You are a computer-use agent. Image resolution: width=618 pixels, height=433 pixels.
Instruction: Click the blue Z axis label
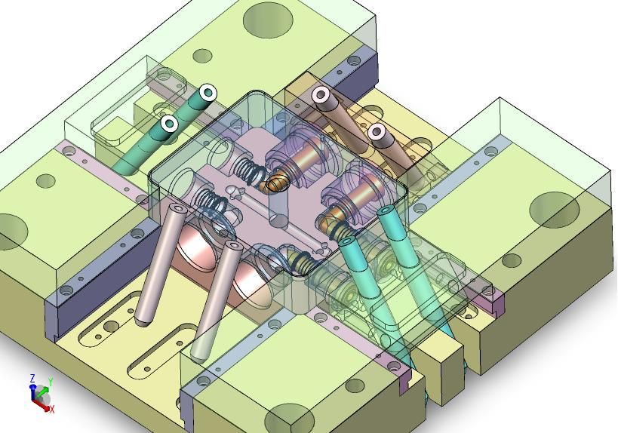tap(32, 379)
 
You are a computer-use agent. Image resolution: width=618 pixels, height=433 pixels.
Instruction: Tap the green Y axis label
tap(51, 382)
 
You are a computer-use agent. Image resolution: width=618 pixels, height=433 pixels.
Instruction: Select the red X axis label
tap(52, 410)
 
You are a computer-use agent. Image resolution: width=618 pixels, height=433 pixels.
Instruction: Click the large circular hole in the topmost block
tap(268, 20)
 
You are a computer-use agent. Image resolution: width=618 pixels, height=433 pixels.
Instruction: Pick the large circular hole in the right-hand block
tap(554, 210)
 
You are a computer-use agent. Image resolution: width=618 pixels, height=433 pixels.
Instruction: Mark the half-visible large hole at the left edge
tap(13, 232)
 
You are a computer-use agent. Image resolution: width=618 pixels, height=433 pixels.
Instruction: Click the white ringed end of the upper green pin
tap(208, 93)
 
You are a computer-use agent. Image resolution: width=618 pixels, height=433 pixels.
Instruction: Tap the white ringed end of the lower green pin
tap(170, 123)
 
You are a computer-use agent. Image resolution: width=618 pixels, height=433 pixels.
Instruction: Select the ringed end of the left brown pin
tap(321, 94)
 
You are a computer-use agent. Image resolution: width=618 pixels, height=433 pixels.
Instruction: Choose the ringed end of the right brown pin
tap(377, 132)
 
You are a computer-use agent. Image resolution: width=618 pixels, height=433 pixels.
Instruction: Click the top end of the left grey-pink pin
tap(178, 207)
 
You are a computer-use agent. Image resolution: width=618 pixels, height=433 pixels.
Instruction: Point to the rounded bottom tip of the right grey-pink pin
tap(198, 358)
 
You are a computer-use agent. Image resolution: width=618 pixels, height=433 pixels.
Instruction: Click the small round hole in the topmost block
tap(202, 56)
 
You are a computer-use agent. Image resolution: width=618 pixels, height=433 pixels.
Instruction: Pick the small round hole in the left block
tap(46, 181)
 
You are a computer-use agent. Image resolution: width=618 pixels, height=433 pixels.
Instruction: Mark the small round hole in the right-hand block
tap(512, 260)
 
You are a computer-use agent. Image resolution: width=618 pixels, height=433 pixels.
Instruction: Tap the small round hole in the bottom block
tap(355, 386)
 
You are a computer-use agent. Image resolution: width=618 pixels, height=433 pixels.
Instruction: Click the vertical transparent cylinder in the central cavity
tap(279, 209)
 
